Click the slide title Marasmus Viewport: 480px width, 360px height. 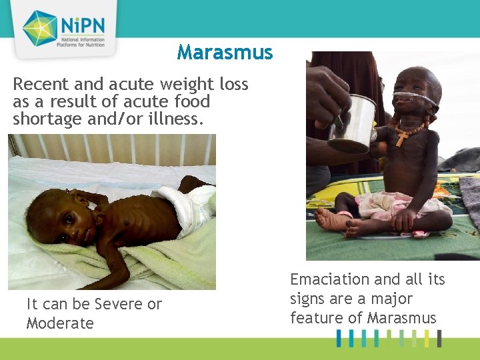click(225, 53)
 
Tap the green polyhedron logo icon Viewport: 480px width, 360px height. click(39, 28)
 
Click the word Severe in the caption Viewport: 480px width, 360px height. click(119, 304)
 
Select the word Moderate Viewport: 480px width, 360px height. click(60, 323)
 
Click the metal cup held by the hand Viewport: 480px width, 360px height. click(353, 123)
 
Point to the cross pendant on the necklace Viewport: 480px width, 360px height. click(402, 138)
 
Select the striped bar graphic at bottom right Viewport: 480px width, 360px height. click(389, 338)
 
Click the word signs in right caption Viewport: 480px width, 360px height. click(311, 299)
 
